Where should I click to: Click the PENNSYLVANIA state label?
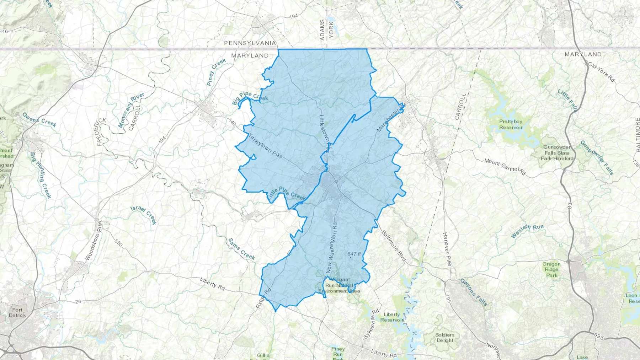tap(250, 43)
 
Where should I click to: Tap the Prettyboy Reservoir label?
tap(511, 124)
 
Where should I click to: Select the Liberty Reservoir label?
tap(392, 317)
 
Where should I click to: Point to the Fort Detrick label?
tap(17, 312)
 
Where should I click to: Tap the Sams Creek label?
tap(241, 248)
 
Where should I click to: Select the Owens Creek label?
tap(39, 119)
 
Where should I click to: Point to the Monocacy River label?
tap(131, 110)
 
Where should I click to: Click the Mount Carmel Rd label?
tap(505, 167)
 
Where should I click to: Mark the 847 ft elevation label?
tap(354, 254)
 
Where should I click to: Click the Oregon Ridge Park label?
tap(551, 269)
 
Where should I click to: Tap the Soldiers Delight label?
tap(445, 337)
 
